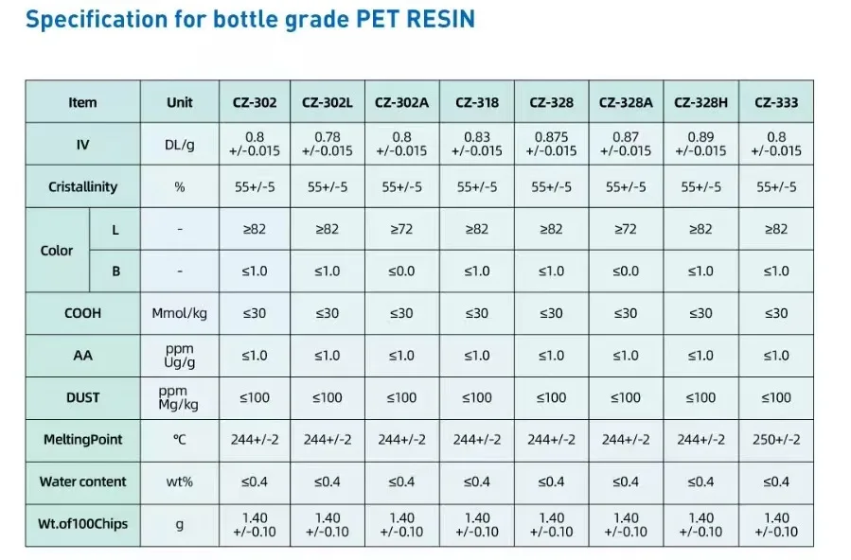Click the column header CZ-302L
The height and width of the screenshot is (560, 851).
[x=328, y=102]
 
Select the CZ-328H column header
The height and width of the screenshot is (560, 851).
[x=700, y=102]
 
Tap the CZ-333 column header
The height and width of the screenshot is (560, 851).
[x=775, y=102]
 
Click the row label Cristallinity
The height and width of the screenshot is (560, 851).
[x=83, y=186]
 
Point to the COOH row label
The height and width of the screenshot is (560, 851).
[x=83, y=313]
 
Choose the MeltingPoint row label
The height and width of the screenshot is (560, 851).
[x=83, y=439]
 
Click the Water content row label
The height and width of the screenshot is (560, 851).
[x=83, y=481]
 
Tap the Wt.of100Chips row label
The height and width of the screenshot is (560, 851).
[x=83, y=524]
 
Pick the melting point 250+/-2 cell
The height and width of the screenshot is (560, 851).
[x=775, y=439]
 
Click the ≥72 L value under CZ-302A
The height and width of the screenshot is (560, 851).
[x=401, y=229]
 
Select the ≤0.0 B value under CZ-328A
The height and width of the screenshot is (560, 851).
[x=626, y=271]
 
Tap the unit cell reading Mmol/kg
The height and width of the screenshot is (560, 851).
[x=179, y=313]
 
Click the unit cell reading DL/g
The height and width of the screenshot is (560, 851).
[x=179, y=144]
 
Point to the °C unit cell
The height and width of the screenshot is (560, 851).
[x=179, y=439]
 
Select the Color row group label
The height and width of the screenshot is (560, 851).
[x=57, y=251]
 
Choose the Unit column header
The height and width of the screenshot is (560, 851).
[x=179, y=102]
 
